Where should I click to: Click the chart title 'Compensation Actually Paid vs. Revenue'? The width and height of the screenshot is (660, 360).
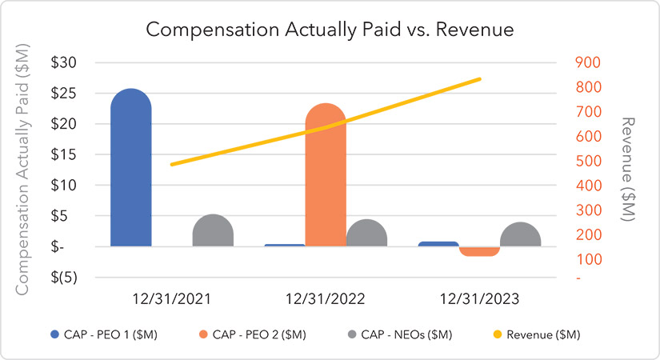tap(329, 30)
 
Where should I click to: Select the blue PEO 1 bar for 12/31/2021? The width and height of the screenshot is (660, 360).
tap(130, 168)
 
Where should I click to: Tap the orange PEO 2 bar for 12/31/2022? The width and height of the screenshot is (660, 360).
tap(326, 176)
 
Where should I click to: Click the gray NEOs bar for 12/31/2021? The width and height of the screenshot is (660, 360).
tap(213, 231)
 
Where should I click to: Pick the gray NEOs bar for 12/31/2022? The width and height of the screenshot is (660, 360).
tap(366, 234)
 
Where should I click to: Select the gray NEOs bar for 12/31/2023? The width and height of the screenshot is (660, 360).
tap(520, 235)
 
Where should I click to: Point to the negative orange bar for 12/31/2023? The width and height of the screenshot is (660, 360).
tap(479, 251)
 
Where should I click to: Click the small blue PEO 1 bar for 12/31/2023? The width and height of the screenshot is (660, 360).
tap(438, 243)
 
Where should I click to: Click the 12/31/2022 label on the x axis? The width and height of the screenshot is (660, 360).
tap(326, 299)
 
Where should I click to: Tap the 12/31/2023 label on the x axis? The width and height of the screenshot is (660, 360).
tap(479, 299)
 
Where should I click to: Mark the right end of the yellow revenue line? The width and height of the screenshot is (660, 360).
tap(479, 79)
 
